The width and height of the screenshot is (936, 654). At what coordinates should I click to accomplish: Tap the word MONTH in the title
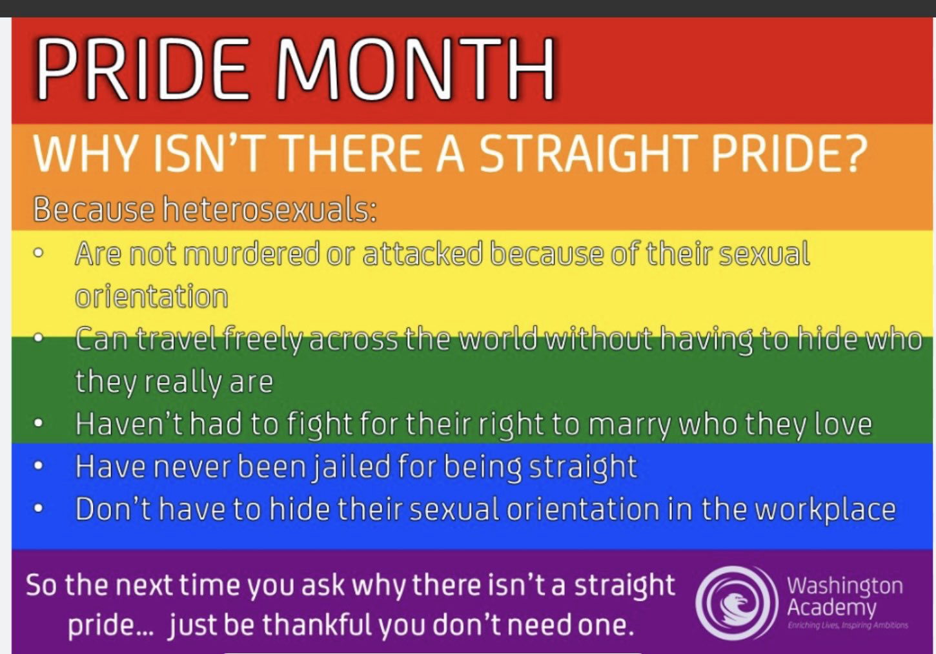pyautogui.click(x=415, y=69)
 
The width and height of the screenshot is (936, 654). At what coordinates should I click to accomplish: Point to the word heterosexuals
pyautogui.click(x=270, y=209)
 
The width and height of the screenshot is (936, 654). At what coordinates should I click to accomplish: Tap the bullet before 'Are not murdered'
pyautogui.click(x=39, y=253)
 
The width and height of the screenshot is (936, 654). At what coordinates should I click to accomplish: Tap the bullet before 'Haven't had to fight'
pyautogui.click(x=39, y=424)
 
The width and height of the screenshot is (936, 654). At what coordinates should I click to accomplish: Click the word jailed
pyautogui.click(x=352, y=467)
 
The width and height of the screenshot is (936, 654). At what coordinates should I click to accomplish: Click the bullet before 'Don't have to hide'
pyautogui.click(x=39, y=509)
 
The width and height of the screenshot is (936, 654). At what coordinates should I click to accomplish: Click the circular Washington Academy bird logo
pyautogui.click(x=737, y=602)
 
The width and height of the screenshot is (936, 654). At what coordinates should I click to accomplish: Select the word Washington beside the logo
pyautogui.click(x=845, y=586)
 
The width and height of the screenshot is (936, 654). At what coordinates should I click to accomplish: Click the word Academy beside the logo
pyautogui.click(x=831, y=608)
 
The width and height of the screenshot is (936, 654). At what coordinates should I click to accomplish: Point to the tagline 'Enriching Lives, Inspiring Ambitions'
pyautogui.click(x=848, y=625)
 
